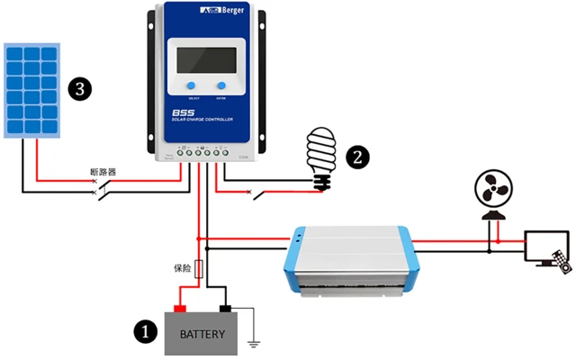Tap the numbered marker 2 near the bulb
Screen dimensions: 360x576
357,157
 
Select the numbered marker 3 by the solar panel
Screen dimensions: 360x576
81,88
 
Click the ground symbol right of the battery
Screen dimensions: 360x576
254,343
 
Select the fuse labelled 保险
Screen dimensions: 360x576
200,269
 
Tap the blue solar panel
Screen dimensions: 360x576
31,88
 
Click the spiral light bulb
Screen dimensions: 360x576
320,157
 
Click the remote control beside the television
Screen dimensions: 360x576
562,261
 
